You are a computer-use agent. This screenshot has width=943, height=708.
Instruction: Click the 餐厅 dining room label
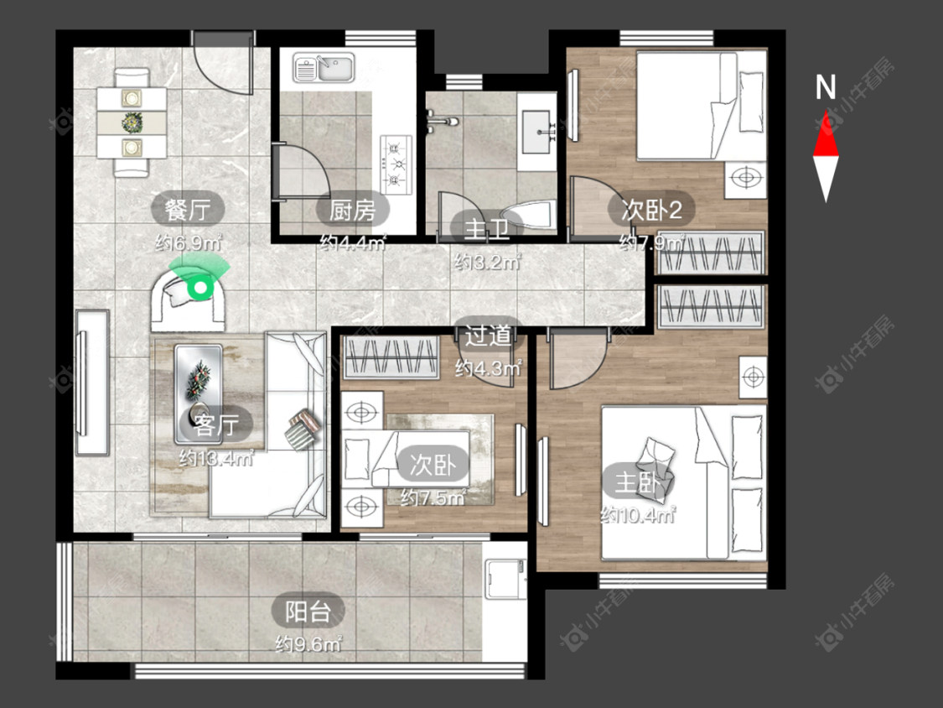(188, 210)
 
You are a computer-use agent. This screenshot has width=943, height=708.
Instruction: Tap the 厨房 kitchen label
(352, 210)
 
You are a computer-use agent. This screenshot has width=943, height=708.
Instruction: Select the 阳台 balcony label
(308, 612)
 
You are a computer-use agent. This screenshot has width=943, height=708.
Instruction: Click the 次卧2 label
(651, 210)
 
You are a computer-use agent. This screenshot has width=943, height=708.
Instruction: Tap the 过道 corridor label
(488, 336)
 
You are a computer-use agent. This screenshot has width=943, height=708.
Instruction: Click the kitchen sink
(324, 67)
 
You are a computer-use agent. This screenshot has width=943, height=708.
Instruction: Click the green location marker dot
(199, 287)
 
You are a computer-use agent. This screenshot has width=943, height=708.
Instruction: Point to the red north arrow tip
(826, 112)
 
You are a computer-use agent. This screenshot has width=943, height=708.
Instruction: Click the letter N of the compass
(825, 87)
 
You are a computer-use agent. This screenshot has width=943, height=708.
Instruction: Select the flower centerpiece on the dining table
(132, 122)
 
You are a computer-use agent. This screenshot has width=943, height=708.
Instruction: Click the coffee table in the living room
(198, 393)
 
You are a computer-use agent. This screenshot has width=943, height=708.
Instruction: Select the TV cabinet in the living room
(92, 383)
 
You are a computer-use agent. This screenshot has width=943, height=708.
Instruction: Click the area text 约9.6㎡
(308, 645)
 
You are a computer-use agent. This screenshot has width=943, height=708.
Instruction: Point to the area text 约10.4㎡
(638, 515)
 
